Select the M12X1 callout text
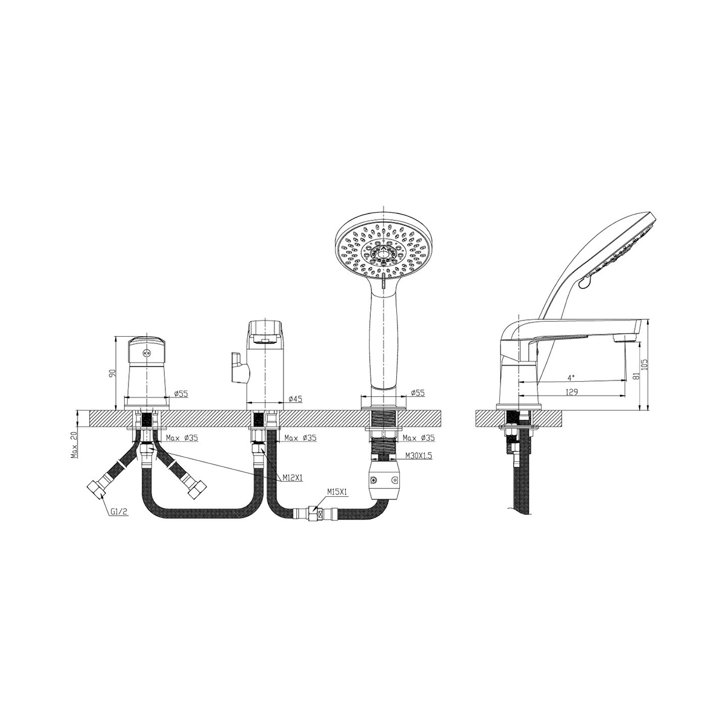pos(293,478)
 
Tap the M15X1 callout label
pos(337,492)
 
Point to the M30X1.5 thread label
pos(419,456)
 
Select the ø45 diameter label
pos(296,399)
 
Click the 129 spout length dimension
pos(572,392)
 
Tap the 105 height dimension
pos(645,363)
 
